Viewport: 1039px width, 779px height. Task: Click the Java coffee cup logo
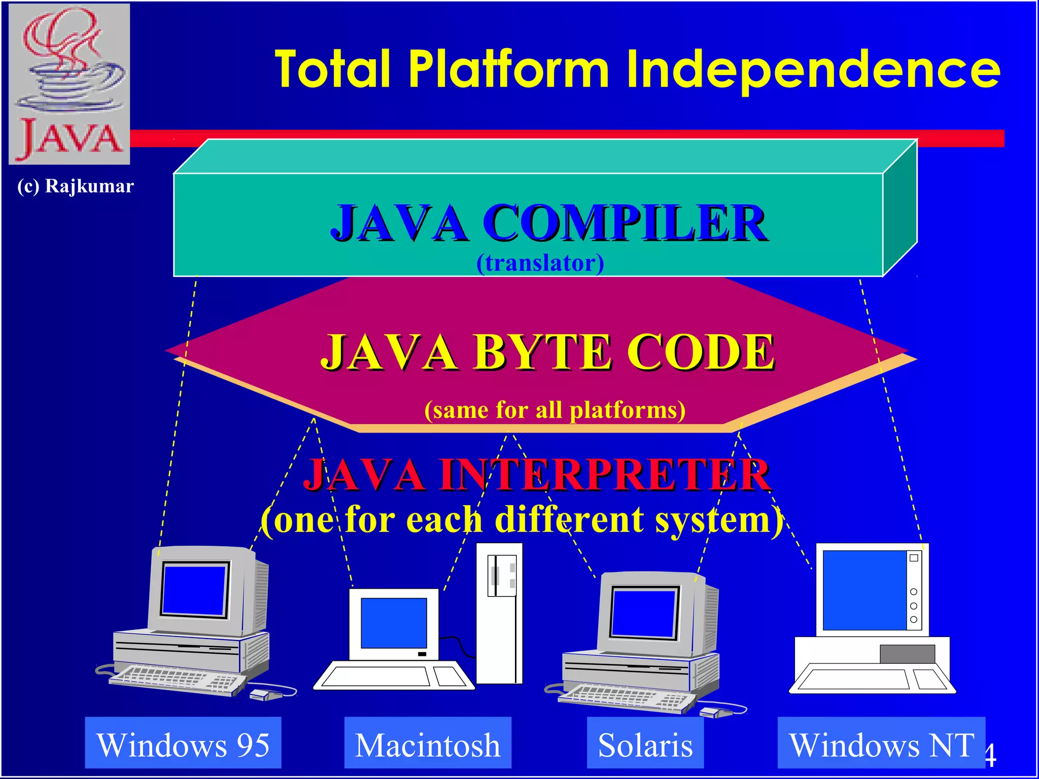click(x=70, y=84)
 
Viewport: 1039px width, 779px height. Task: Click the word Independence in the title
click(x=813, y=70)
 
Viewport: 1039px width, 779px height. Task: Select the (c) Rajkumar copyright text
click(x=76, y=186)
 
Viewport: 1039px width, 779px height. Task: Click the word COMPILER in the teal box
click(x=625, y=223)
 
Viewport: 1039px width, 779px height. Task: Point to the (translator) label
click(x=540, y=263)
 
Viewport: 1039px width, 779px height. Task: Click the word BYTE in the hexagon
click(x=542, y=352)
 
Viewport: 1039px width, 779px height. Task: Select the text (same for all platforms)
click(x=555, y=410)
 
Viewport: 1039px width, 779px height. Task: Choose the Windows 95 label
click(x=183, y=745)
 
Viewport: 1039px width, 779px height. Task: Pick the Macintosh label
click(x=428, y=745)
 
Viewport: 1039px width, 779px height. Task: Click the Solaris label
click(x=645, y=745)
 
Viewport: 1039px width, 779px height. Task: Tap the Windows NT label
click(x=882, y=745)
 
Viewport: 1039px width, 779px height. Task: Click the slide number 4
click(x=991, y=756)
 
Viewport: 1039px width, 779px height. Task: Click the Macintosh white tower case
click(x=499, y=614)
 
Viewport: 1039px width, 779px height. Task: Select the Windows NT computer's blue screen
click(x=864, y=590)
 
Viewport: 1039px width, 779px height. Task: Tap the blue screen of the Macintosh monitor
click(x=394, y=623)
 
